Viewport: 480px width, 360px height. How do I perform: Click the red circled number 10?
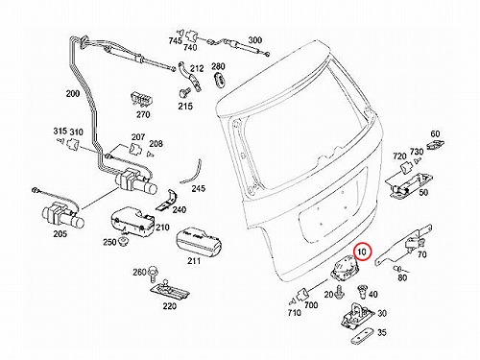tap(362, 252)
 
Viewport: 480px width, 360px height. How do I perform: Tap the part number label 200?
tap(73, 94)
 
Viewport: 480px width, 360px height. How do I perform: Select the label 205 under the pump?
tap(60, 234)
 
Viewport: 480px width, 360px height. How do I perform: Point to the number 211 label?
tap(194, 261)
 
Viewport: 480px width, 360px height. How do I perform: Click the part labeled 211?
tap(199, 242)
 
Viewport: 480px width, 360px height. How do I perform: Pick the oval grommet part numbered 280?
tap(219, 79)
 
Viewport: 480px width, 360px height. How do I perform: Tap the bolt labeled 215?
tap(184, 93)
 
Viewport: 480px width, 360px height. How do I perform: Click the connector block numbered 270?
tap(141, 100)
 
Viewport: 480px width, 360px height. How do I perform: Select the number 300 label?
tap(255, 40)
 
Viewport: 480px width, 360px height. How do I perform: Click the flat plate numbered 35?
tap(363, 336)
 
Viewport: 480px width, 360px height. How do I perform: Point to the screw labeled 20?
tap(339, 292)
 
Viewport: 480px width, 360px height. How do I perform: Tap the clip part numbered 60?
tap(435, 144)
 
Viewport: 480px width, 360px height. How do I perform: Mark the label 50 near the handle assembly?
tap(423, 193)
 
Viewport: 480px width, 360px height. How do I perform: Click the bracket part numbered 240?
tap(167, 201)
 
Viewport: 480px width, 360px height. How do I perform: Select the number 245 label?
tap(199, 188)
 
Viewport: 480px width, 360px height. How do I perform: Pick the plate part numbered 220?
tap(170, 290)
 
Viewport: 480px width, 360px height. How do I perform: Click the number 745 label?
tap(176, 41)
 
